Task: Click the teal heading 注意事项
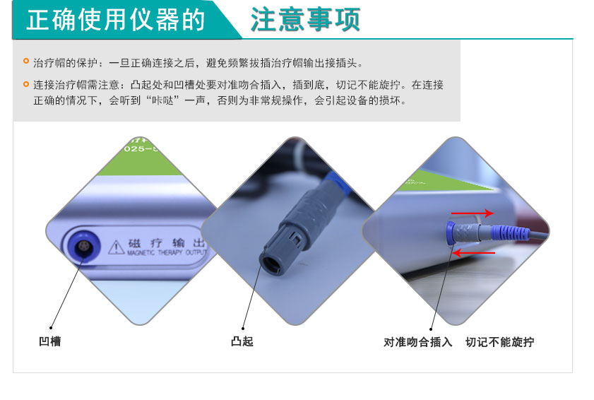click(305, 20)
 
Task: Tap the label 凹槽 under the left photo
click(49, 342)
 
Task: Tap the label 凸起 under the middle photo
click(242, 342)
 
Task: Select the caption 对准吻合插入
click(418, 343)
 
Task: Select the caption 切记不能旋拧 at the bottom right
click(499, 343)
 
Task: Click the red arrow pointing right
click(473, 212)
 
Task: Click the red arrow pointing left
click(475, 252)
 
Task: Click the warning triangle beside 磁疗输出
click(116, 247)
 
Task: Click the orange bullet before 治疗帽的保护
click(26, 61)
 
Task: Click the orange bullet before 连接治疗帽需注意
click(26, 84)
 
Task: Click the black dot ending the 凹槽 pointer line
click(51, 327)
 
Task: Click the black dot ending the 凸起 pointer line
click(242, 327)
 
